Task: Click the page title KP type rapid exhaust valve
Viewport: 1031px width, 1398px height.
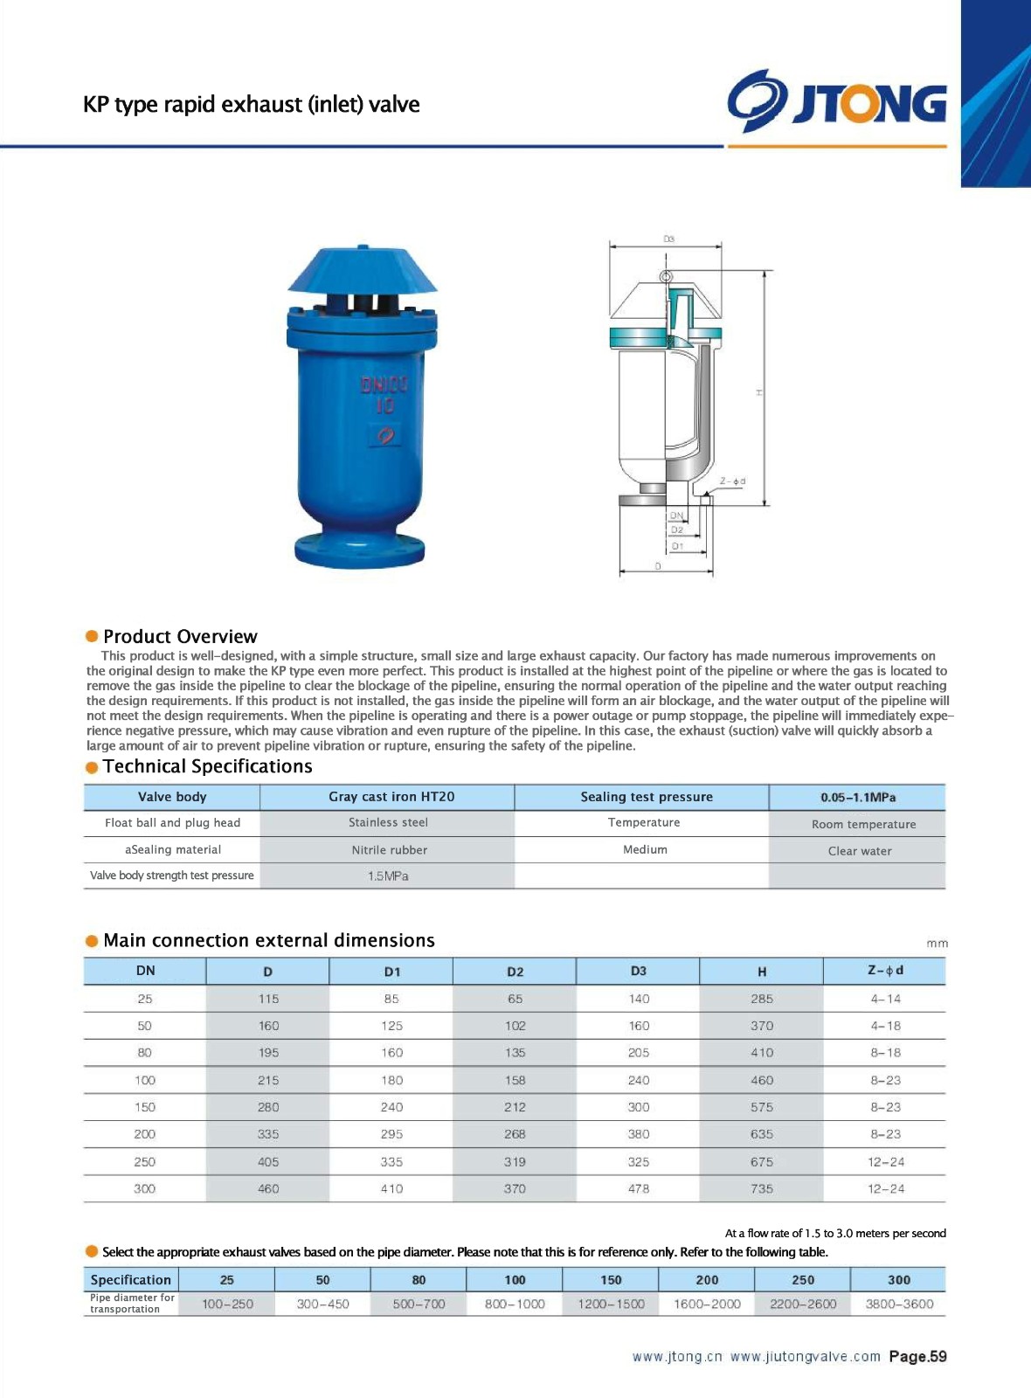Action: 251,105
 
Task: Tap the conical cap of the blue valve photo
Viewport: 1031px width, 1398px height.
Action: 362,270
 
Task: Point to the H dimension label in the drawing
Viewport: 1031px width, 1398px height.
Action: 759,392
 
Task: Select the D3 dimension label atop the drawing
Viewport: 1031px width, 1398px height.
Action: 668,239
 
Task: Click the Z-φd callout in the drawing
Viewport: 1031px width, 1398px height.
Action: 732,481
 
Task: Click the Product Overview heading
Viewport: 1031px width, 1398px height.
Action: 180,636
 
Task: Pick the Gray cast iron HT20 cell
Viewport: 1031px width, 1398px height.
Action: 391,797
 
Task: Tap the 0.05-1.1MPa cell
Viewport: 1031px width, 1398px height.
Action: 857,798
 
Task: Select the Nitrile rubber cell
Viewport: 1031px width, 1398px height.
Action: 389,850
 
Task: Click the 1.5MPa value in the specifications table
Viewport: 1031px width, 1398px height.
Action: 388,876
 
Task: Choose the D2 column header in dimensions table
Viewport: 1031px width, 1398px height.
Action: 515,972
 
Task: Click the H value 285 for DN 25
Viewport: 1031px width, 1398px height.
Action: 761,999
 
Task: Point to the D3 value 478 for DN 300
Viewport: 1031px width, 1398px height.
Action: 639,1188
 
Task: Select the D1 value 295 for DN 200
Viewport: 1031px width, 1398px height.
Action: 391,1134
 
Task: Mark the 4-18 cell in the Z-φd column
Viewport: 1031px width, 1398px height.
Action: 885,1026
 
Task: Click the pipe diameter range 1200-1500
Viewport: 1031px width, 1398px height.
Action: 611,1304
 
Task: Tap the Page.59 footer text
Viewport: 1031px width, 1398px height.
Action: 917,1357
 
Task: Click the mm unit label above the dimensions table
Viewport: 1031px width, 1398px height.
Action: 937,944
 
